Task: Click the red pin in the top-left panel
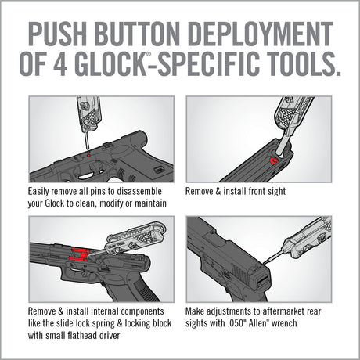(x=91, y=154)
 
